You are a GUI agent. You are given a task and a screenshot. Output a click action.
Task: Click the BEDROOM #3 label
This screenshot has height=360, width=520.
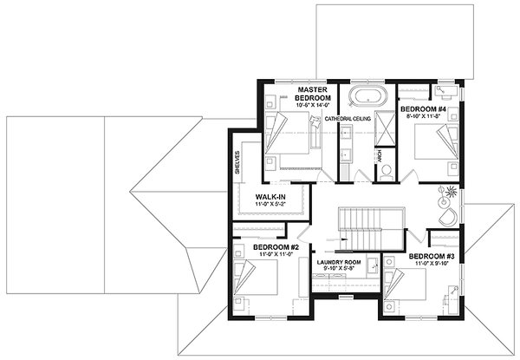click(x=432, y=257)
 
